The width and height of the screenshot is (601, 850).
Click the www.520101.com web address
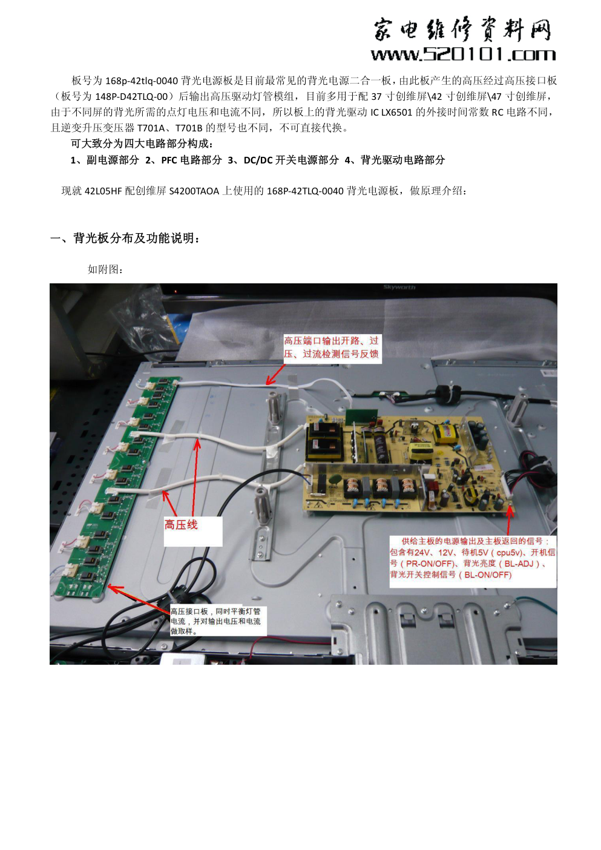[463, 54]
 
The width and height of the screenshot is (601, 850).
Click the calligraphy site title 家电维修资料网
[462, 30]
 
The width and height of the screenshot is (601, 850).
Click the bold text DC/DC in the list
[258, 160]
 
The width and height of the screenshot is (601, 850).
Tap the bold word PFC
[169, 160]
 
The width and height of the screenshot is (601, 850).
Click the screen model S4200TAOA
[194, 191]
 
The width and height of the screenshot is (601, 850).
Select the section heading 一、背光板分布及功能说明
[125, 239]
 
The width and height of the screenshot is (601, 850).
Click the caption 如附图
[105, 269]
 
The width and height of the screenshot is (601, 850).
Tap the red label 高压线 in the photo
[181, 525]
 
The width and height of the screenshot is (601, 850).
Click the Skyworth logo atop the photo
[399, 287]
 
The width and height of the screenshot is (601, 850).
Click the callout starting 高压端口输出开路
[331, 348]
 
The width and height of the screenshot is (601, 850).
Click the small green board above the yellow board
[363, 417]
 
